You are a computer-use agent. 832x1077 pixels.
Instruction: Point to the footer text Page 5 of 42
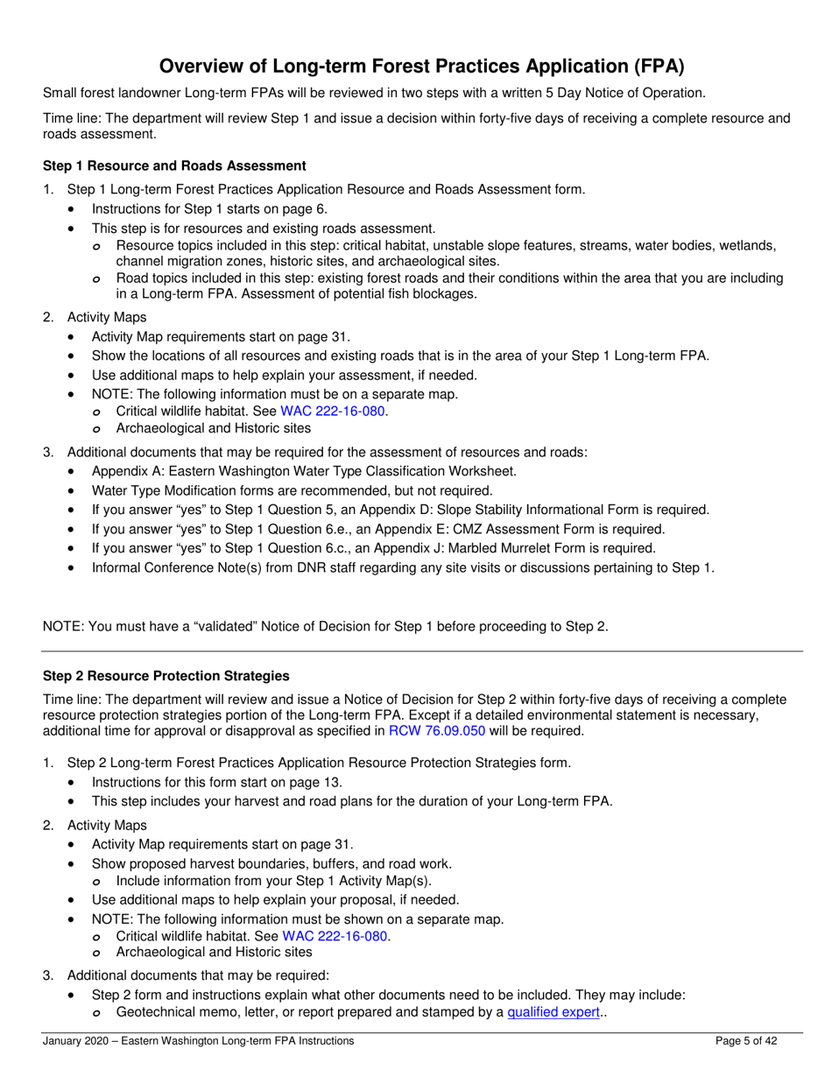746,1041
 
